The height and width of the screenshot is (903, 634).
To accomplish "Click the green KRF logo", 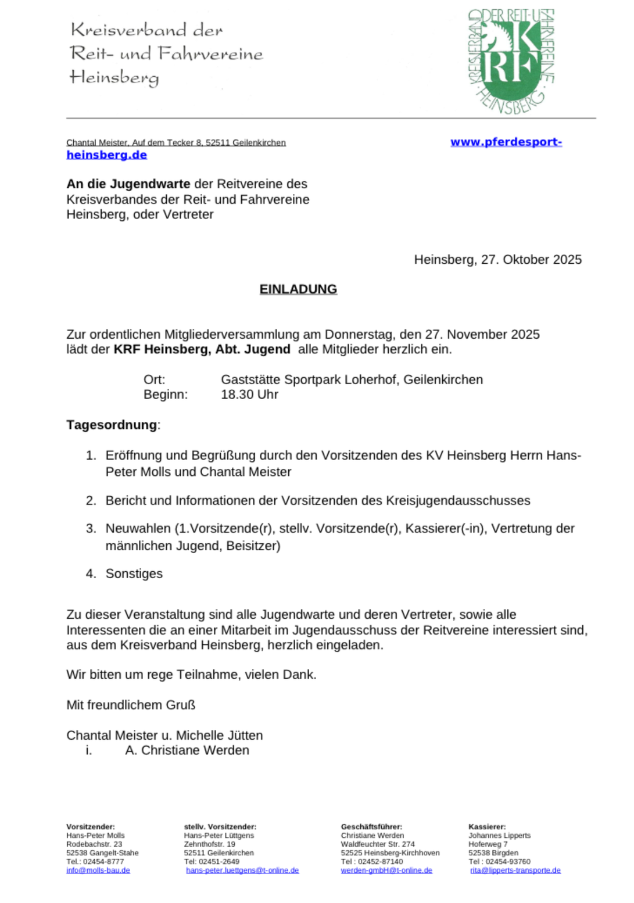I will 511,60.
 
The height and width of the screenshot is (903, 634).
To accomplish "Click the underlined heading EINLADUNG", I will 298,289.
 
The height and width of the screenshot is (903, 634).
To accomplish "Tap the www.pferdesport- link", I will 506,142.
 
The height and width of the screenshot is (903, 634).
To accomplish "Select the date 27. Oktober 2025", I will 531,260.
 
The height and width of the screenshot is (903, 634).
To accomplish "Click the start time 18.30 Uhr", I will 249,395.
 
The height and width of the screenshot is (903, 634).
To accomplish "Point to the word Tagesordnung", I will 112,425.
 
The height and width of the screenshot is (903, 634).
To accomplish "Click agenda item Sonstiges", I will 134,574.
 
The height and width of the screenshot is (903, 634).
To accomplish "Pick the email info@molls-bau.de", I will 98,870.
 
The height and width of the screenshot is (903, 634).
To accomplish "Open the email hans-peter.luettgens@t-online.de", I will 242,870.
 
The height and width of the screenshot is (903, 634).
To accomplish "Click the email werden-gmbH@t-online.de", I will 386,870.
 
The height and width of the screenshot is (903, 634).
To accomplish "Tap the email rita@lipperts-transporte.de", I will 515,870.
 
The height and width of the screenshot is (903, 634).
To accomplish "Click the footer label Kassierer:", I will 487,827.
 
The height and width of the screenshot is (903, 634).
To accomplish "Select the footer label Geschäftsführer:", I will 371,827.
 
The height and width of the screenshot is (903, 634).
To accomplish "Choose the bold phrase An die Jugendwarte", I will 128,184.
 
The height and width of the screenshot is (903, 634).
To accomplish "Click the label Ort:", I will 154,379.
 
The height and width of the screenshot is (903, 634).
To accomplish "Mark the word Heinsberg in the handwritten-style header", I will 114,77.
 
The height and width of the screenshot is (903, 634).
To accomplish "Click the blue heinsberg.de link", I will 106,155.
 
